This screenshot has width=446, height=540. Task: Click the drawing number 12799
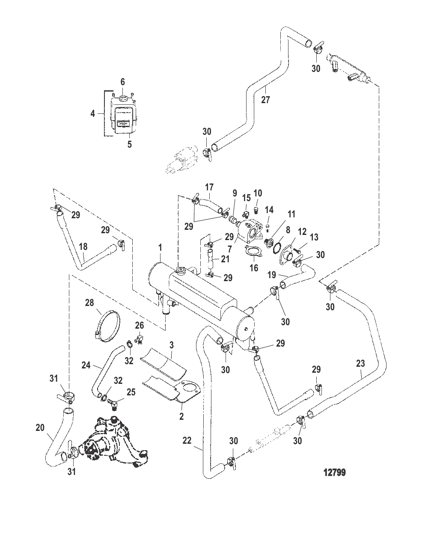pyautogui.click(x=335, y=472)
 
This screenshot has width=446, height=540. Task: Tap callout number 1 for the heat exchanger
pyautogui.click(x=160, y=247)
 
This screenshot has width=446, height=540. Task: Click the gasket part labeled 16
pyautogui.click(x=253, y=252)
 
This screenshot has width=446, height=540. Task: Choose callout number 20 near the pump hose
pyautogui.click(x=40, y=427)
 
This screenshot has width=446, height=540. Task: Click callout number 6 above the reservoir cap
pyautogui.click(x=122, y=81)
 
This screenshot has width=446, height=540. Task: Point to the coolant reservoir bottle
pyautogui.click(x=123, y=116)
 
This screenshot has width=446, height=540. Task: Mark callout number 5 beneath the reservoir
pyautogui.click(x=129, y=144)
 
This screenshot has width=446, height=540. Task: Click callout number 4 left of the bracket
pyautogui.click(x=92, y=114)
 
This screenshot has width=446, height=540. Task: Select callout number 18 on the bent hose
pyautogui.click(x=83, y=246)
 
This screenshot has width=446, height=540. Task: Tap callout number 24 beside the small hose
pyautogui.click(x=86, y=365)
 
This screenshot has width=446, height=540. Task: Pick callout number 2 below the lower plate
pyautogui.click(x=181, y=416)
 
